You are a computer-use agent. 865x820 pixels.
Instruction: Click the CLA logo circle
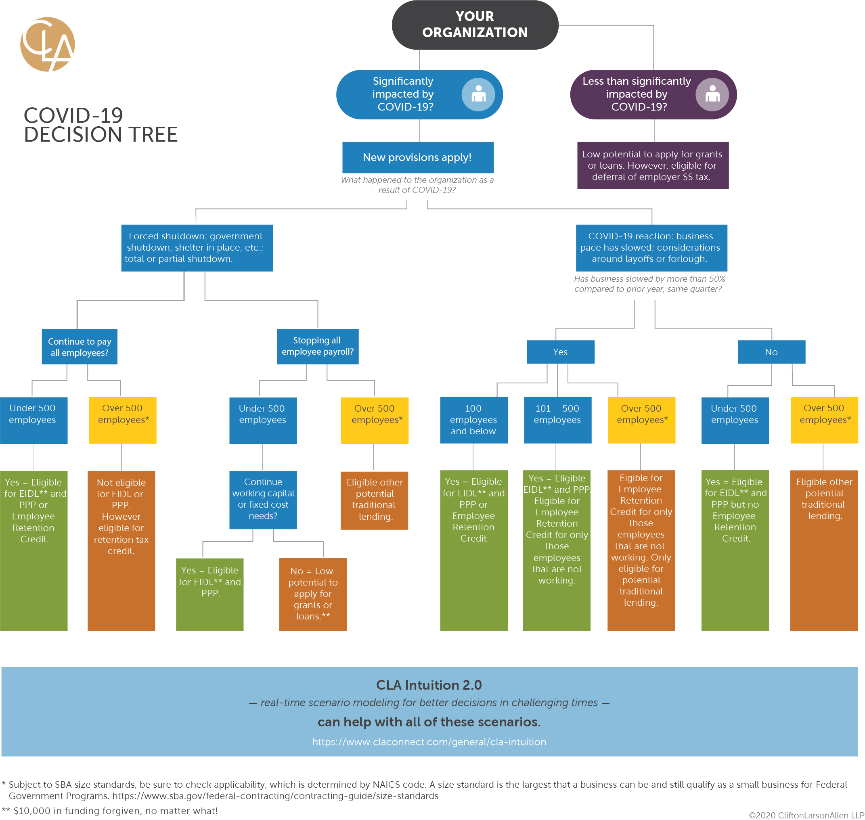coord(47,44)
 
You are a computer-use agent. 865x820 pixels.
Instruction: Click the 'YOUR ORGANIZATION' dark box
coord(475,25)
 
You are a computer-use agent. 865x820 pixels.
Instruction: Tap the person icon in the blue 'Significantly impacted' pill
coord(478,94)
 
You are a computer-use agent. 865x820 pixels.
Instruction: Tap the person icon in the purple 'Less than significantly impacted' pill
coord(712,94)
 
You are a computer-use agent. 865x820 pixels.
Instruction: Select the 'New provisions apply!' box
coord(417,157)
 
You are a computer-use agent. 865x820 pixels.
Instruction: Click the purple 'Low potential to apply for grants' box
coord(652,165)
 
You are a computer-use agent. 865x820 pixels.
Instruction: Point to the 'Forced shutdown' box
coord(197,248)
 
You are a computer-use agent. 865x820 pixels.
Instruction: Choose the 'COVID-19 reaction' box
coord(651,248)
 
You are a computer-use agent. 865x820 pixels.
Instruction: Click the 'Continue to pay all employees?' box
coord(80,347)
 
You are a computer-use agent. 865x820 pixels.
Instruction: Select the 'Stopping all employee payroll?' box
coord(318,346)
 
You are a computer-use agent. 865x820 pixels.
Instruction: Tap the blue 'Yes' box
coord(560,352)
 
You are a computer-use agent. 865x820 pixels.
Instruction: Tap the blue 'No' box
coord(771,352)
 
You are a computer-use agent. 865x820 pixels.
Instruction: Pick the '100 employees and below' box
coord(473,420)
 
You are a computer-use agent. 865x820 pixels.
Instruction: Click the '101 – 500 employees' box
coord(557,420)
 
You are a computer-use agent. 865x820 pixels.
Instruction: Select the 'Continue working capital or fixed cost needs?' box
coord(263,499)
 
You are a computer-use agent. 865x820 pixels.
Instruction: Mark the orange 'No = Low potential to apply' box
coord(312,594)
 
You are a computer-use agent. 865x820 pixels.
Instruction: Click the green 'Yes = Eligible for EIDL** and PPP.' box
coord(209,594)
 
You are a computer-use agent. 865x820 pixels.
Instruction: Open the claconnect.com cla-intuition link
coord(429,742)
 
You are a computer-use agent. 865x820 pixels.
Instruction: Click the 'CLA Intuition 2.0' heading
coord(429,685)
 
